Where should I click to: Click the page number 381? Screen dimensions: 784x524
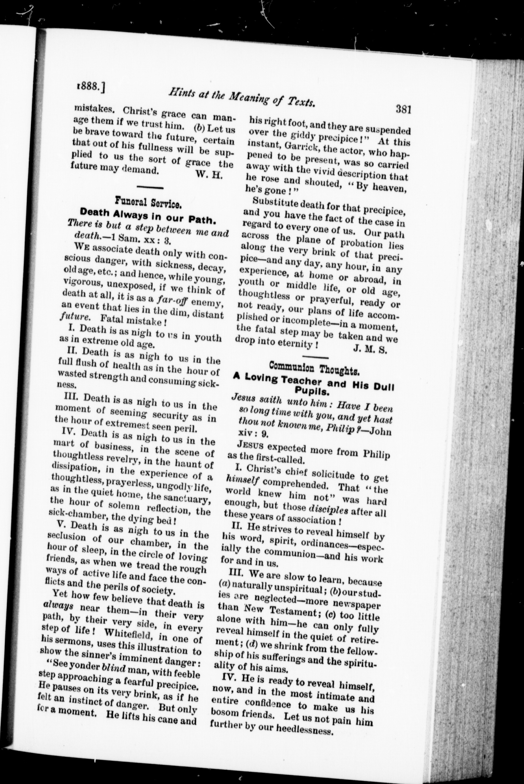tap(403, 109)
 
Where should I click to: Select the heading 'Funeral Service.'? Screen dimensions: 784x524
tap(148, 202)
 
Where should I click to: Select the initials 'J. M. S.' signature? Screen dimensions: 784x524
tap(370, 350)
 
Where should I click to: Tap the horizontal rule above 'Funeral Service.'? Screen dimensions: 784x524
tap(150, 187)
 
